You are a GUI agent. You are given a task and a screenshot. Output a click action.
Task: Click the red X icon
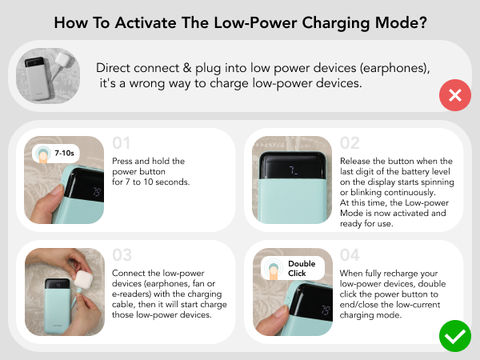(455, 97)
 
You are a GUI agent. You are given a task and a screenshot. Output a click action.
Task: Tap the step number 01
(122, 144)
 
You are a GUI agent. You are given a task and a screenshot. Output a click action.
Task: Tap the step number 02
(350, 144)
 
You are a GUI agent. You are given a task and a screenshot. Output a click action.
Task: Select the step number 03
(122, 255)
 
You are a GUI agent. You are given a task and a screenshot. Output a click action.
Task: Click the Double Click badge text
(302, 268)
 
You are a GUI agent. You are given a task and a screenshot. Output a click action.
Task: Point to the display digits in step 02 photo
(294, 169)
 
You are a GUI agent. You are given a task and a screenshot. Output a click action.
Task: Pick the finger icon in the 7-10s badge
(43, 153)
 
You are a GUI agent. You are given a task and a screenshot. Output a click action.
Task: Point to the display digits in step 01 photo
(95, 192)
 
